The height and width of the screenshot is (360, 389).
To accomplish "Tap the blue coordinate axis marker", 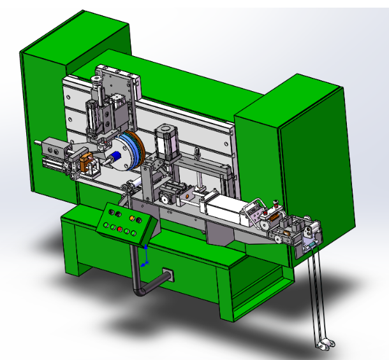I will [145, 255].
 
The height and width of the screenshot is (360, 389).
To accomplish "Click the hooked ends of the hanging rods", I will [324, 345].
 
